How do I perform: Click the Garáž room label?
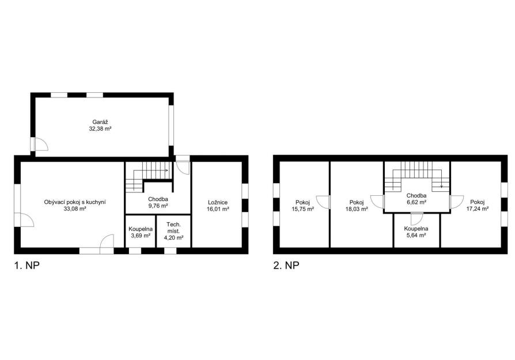(100, 123)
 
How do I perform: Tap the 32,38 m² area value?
(100, 129)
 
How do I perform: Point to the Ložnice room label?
(218, 203)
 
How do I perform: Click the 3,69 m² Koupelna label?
(141, 232)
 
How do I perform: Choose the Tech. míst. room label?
(173, 231)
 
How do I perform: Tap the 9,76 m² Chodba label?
(158, 202)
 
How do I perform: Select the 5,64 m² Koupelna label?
(416, 232)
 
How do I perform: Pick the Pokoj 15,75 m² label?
(302, 206)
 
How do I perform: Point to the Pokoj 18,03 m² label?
(357, 206)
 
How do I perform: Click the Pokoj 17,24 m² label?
(477, 205)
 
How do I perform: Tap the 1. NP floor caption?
(26, 266)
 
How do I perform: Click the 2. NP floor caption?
(286, 266)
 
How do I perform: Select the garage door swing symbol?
(41, 145)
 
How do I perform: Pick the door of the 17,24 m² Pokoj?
(456, 202)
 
